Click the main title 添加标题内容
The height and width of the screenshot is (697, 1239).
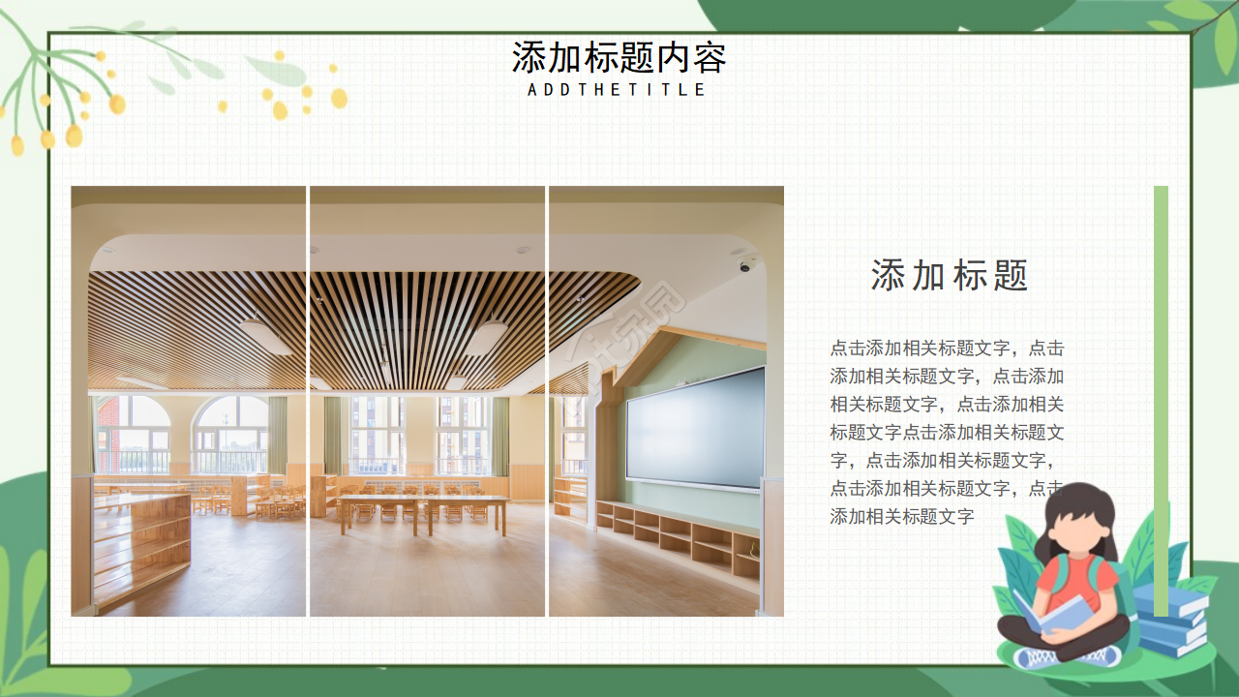(619, 58)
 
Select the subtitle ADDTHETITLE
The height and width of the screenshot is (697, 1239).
(618, 90)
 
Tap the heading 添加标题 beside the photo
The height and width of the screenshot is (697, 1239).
(949, 276)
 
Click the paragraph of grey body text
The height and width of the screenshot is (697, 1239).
(947, 432)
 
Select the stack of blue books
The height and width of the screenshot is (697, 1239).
(1171, 620)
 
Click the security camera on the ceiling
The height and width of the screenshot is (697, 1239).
(745, 265)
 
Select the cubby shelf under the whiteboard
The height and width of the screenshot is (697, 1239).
(678, 537)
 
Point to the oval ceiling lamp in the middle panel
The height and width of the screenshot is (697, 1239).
(486, 335)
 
